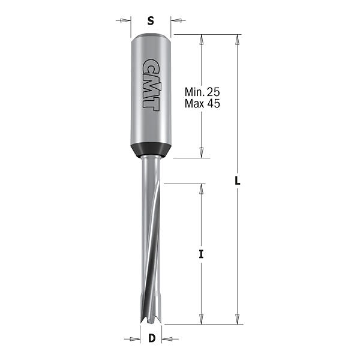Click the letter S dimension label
[x=151, y=21]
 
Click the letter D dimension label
[x=152, y=338]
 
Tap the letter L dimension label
[x=238, y=181]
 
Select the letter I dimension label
[x=201, y=254]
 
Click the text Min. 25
[x=202, y=92]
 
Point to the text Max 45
[x=202, y=104]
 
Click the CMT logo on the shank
[x=151, y=85]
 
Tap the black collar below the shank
[x=151, y=150]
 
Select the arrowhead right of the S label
[x=176, y=20]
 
